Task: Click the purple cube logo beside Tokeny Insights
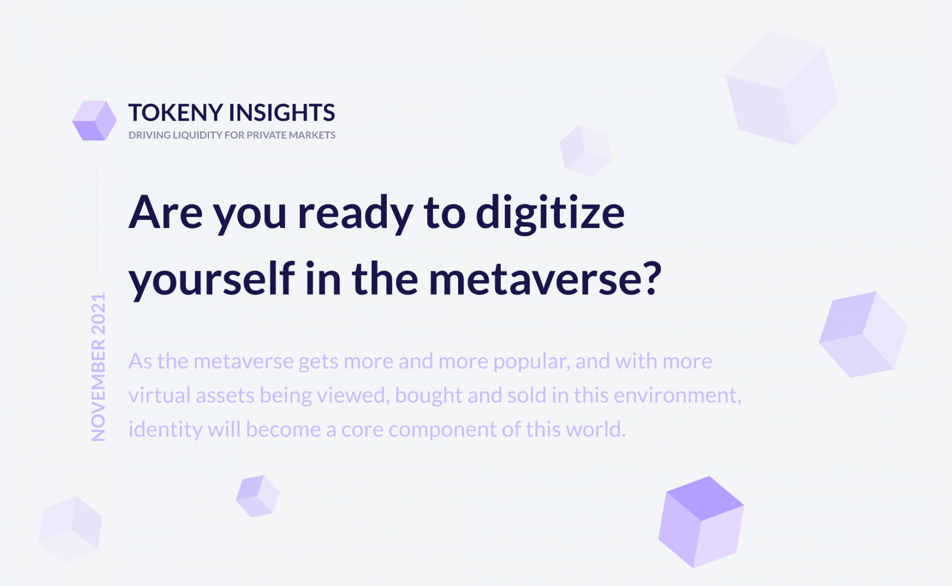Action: [94, 120]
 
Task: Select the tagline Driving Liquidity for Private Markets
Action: [232, 135]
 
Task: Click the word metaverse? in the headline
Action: [545, 279]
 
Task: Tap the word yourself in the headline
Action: [212, 279]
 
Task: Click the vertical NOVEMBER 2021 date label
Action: [98, 367]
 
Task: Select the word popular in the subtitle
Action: [531, 361]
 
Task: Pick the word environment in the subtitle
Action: [677, 395]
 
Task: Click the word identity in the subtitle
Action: [165, 429]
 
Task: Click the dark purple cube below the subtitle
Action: [701, 522]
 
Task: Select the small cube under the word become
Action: [257, 496]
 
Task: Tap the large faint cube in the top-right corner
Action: [781, 88]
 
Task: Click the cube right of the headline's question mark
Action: [863, 335]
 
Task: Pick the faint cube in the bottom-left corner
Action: [70, 529]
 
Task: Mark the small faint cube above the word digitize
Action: [586, 151]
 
